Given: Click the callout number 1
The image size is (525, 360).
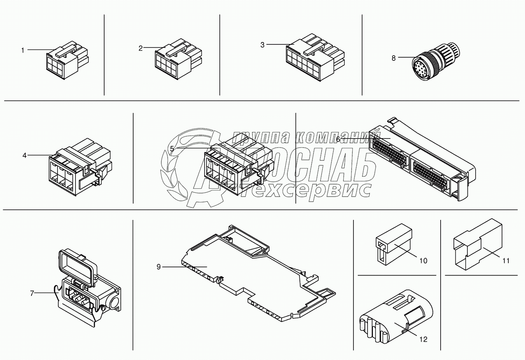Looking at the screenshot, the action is coord(23,51).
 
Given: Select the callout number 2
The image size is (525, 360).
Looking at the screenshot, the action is coord(141,48).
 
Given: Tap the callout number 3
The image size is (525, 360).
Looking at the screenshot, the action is coord(262,45).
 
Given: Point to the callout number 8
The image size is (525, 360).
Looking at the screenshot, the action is coord(394,58).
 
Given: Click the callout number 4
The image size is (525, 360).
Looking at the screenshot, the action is coord(24,155).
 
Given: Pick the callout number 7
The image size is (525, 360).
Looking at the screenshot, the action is coord(32,293).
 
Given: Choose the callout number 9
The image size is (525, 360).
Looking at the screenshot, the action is coord(159,267).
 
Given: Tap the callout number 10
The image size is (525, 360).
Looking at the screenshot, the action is coord(423,260).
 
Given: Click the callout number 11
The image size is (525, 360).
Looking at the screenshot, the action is coord(506,260).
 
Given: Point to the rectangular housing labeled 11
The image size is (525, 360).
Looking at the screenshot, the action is coord(478,244).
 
